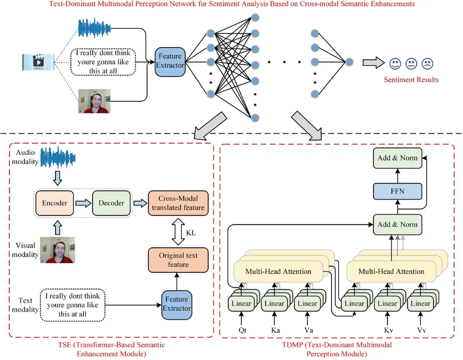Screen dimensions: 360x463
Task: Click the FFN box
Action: click(398, 191)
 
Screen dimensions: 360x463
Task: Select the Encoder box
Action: click(55, 203)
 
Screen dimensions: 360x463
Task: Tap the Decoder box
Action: click(111, 203)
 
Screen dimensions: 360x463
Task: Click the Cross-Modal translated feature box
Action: click(178, 203)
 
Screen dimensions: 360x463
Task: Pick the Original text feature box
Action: click(178, 260)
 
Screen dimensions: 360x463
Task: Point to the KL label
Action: click(191, 233)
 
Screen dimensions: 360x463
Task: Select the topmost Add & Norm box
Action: click(398, 158)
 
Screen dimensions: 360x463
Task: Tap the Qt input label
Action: click(243, 330)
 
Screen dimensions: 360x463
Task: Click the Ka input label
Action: click(276, 330)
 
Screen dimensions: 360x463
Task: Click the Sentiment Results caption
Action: click(411, 80)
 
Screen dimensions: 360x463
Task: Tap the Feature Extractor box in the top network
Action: click(170, 61)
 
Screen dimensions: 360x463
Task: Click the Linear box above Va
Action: click(307, 304)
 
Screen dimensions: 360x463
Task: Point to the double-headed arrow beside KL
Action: click(178, 232)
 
